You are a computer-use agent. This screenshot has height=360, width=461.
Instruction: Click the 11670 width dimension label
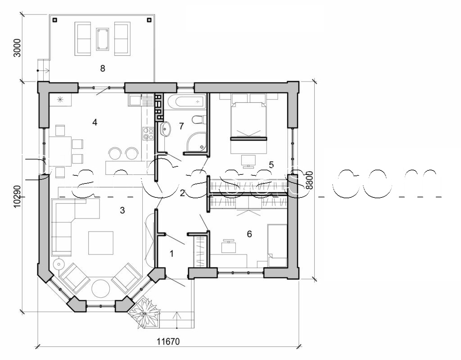click(168, 341)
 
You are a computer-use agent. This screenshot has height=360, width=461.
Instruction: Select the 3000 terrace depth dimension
click(17, 48)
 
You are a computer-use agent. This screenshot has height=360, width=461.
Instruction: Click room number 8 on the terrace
click(103, 68)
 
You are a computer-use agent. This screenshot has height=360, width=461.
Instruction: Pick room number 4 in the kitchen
click(95, 122)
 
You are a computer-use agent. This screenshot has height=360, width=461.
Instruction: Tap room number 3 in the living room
click(122, 210)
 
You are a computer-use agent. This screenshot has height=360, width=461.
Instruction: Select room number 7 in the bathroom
click(181, 126)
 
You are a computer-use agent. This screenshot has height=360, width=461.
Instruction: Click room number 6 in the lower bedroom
click(249, 234)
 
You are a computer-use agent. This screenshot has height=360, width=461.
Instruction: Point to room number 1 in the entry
click(171, 253)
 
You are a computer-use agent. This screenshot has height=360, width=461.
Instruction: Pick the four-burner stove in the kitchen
click(148, 133)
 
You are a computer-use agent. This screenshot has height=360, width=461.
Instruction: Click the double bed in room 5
click(249, 117)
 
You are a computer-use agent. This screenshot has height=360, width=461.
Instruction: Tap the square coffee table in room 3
click(101, 242)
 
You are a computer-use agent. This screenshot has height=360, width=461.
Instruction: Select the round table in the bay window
click(101, 288)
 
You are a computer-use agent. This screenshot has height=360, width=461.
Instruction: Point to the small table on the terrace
click(103, 39)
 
